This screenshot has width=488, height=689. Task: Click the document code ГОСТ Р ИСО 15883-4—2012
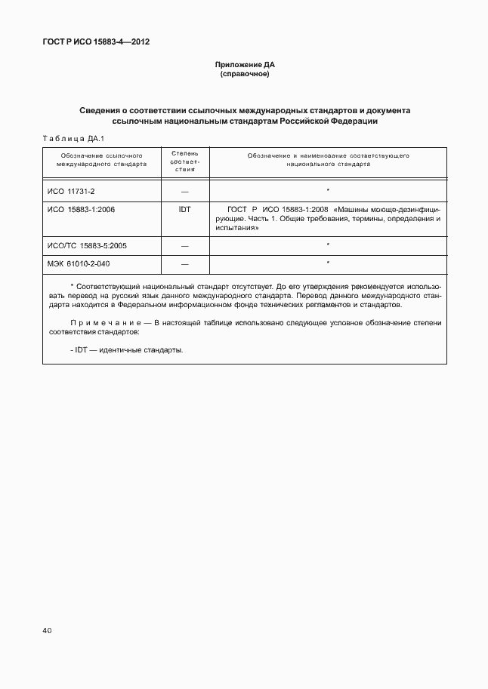95,42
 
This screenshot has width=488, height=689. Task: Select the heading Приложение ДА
244,66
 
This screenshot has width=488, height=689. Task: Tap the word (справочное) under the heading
244,75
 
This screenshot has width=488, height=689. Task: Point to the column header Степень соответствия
184,161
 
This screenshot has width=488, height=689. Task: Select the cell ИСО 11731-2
70,191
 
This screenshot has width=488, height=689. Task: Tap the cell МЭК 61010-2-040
78,263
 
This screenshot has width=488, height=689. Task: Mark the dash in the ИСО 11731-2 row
184,192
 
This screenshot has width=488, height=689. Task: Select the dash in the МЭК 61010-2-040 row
184,264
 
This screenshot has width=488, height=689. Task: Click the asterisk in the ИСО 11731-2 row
327,190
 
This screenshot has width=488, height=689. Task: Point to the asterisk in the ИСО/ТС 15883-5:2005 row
327,245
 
